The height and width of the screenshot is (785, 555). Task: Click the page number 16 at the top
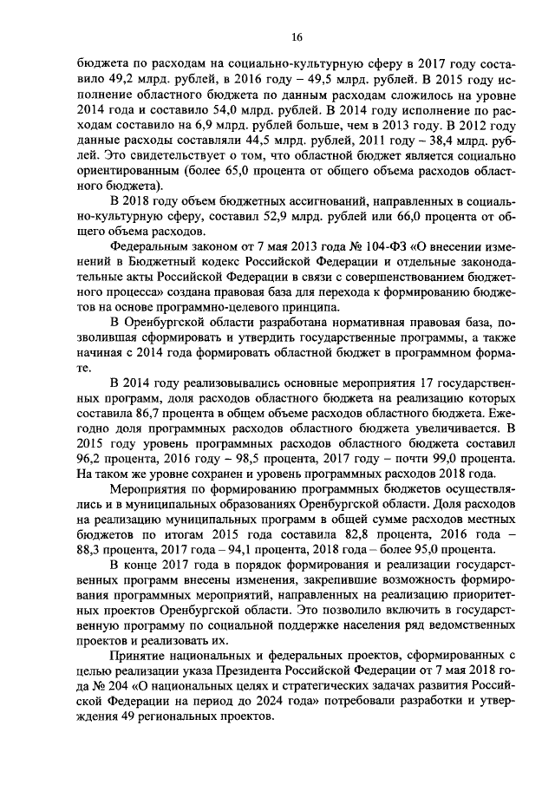click(296, 36)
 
